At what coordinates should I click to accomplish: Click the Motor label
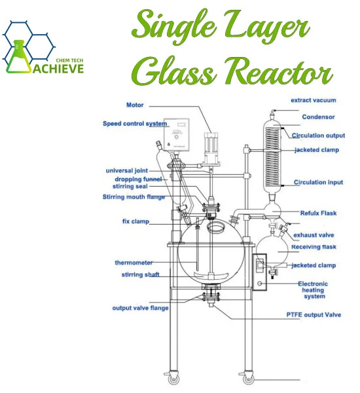(135, 105)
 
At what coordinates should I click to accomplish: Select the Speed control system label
(135, 124)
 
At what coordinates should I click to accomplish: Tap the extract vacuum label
(314, 100)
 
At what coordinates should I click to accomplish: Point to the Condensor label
(318, 117)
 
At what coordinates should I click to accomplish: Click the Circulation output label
(318, 136)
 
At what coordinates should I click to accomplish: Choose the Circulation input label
(318, 182)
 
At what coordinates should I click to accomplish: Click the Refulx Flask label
(318, 213)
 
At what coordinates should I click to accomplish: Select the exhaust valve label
(314, 235)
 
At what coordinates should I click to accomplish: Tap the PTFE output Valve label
(314, 315)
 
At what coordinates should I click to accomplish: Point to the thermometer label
(134, 263)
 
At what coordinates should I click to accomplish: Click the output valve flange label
(140, 308)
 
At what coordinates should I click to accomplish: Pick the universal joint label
(127, 171)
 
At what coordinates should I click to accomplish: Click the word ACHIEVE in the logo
(58, 68)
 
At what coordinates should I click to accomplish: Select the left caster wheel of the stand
(173, 379)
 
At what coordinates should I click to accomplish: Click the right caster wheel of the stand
(248, 379)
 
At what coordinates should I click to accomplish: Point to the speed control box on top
(176, 134)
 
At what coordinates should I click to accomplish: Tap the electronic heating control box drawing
(260, 272)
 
